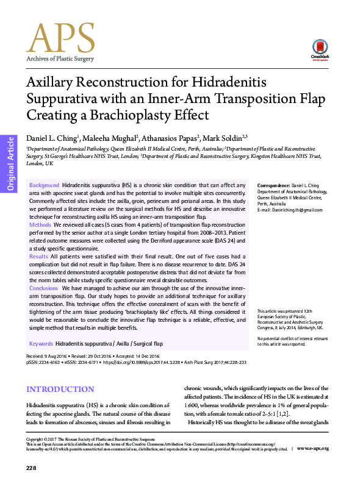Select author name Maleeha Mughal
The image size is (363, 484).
tap(107, 138)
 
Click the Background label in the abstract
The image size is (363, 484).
tap(43, 185)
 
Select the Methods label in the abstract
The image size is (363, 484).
tap(40, 224)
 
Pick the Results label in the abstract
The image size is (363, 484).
tap(38, 257)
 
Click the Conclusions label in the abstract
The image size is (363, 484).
tap(43, 288)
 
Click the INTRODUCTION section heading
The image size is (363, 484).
tap(60, 390)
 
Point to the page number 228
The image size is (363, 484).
tap(32, 468)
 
